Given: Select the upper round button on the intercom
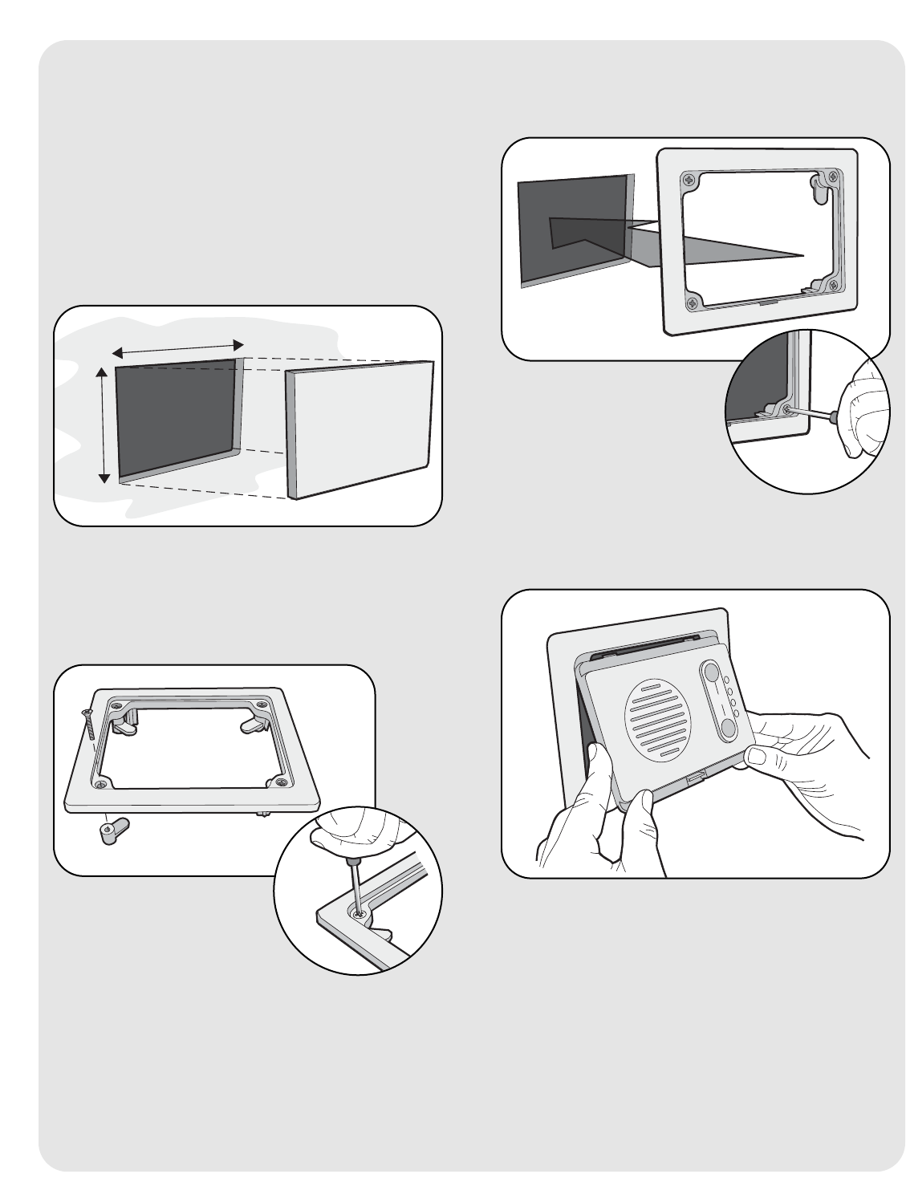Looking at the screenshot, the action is (710, 672).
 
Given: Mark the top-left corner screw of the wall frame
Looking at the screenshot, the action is (689, 181).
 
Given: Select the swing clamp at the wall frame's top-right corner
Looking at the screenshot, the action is (820, 189).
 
